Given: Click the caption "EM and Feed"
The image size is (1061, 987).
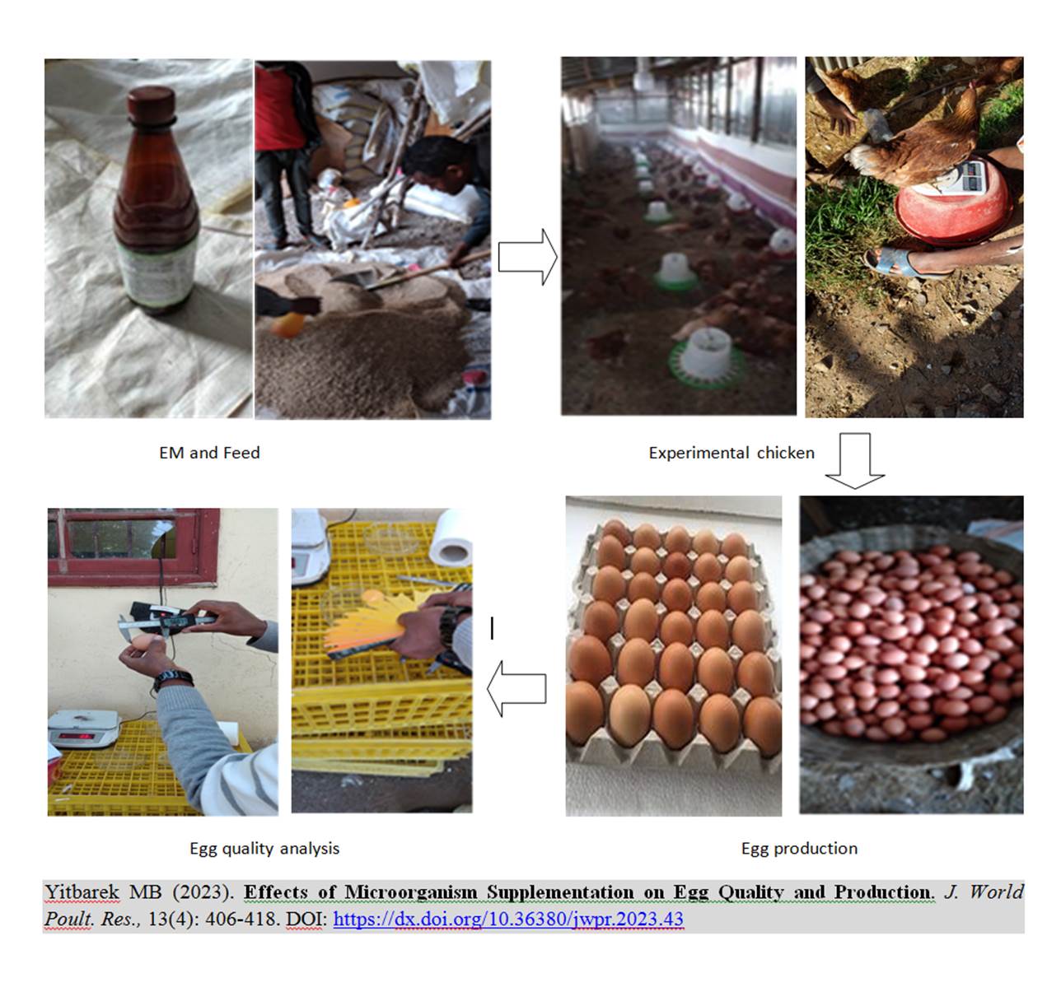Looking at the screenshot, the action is coord(209,453).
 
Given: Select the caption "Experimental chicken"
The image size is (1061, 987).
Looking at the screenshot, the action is coord(731,453).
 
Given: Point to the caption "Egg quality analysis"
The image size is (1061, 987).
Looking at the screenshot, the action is coord(264,848).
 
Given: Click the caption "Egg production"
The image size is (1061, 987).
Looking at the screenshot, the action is coord(799,848).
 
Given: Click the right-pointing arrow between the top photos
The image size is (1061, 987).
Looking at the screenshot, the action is coord(527,257).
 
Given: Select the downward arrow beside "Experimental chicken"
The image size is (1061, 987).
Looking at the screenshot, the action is coord(855,460).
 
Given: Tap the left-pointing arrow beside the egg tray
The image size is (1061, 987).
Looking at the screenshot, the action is coord(516,688).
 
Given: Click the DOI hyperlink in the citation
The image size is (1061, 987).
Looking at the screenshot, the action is coord(508,919).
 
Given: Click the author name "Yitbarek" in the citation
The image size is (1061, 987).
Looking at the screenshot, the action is coord(82,892).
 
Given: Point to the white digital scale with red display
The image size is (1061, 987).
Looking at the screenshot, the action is coord(84,729).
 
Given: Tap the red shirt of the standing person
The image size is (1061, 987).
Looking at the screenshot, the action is coord(280,107).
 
